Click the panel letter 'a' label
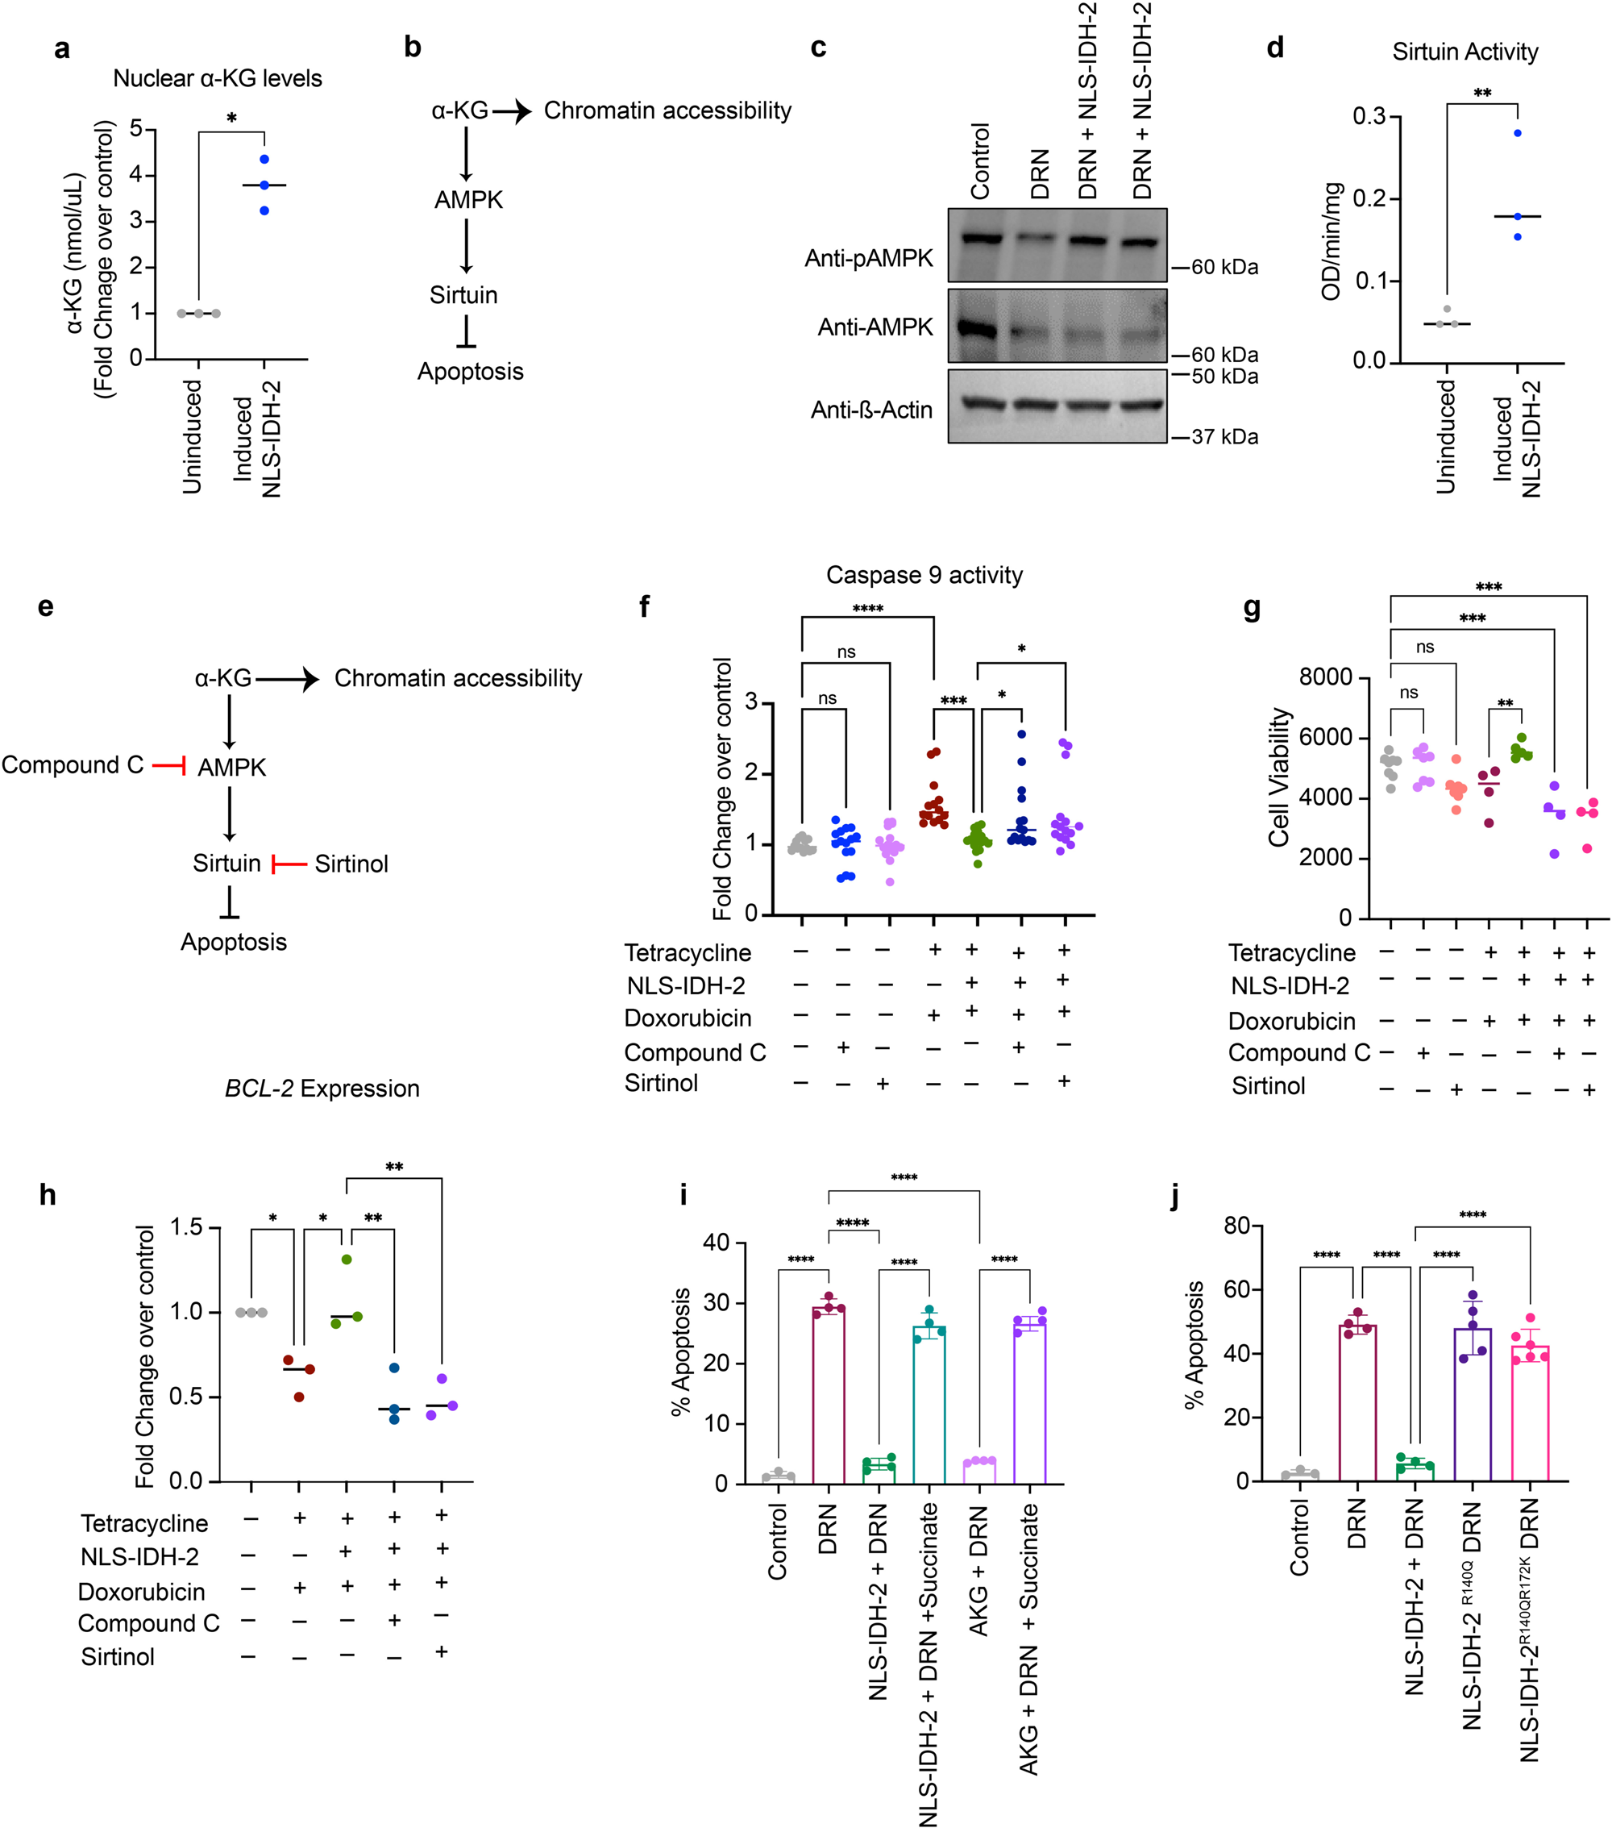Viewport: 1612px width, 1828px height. [x=62, y=48]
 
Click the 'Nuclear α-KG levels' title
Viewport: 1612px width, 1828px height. [x=218, y=79]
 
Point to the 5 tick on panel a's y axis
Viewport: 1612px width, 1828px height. [x=137, y=129]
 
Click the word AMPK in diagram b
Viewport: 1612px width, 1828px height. [x=468, y=200]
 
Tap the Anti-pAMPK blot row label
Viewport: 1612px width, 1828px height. [x=868, y=259]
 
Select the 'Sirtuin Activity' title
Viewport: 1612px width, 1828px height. [x=1465, y=52]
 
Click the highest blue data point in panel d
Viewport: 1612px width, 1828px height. [x=1517, y=133]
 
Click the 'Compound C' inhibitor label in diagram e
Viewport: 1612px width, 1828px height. [x=73, y=765]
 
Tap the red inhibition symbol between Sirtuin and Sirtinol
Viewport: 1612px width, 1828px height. [x=288, y=864]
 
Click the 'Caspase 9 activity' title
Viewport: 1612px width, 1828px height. [x=924, y=575]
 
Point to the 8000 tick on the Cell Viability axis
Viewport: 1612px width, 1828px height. [x=1325, y=677]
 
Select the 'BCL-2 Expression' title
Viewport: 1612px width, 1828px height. [x=322, y=1089]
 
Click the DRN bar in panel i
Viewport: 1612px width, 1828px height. [x=829, y=1395]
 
